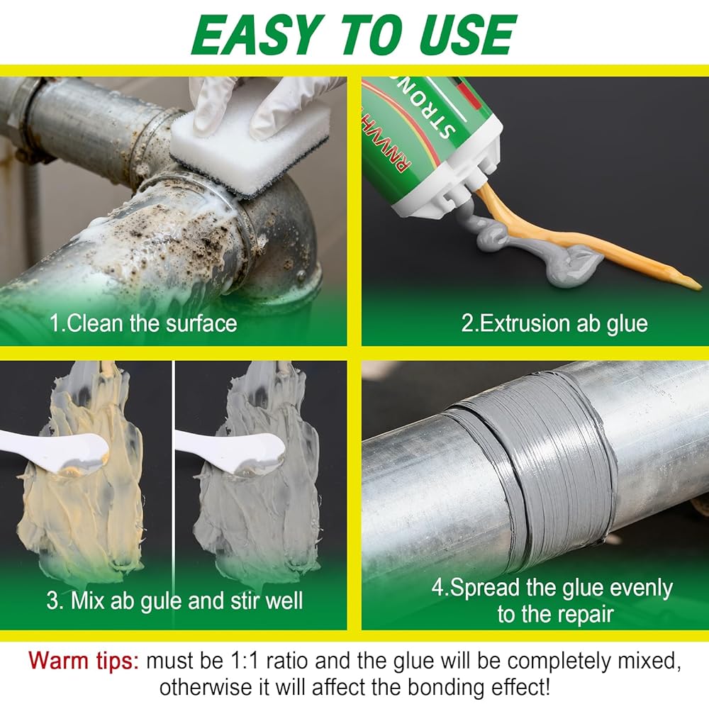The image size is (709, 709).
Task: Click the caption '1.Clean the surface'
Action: tap(143, 324)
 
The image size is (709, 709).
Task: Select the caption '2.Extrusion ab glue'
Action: tap(554, 324)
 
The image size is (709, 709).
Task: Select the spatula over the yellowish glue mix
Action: tap(55, 450)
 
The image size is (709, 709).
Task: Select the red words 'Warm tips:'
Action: tap(84, 661)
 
